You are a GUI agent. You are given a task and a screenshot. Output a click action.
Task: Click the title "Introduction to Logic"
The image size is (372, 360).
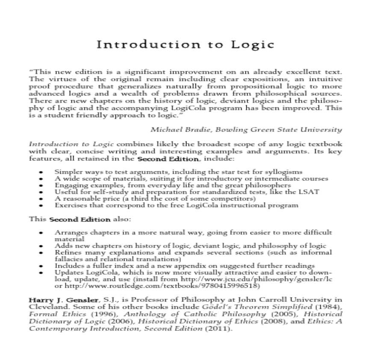click(x=185, y=45)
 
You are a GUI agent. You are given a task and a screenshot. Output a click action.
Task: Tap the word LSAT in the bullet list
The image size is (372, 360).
click(x=310, y=192)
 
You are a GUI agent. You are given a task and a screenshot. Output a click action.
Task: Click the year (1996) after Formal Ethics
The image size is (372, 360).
click(x=94, y=314)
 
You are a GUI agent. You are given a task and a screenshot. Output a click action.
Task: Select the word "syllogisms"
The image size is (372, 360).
click(x=287, y=171)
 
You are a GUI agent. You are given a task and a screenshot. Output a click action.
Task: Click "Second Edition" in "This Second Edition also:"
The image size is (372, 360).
click(x=80, y=219)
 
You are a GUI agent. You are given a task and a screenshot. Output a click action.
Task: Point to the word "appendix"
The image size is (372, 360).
click(x=186, y=265)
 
